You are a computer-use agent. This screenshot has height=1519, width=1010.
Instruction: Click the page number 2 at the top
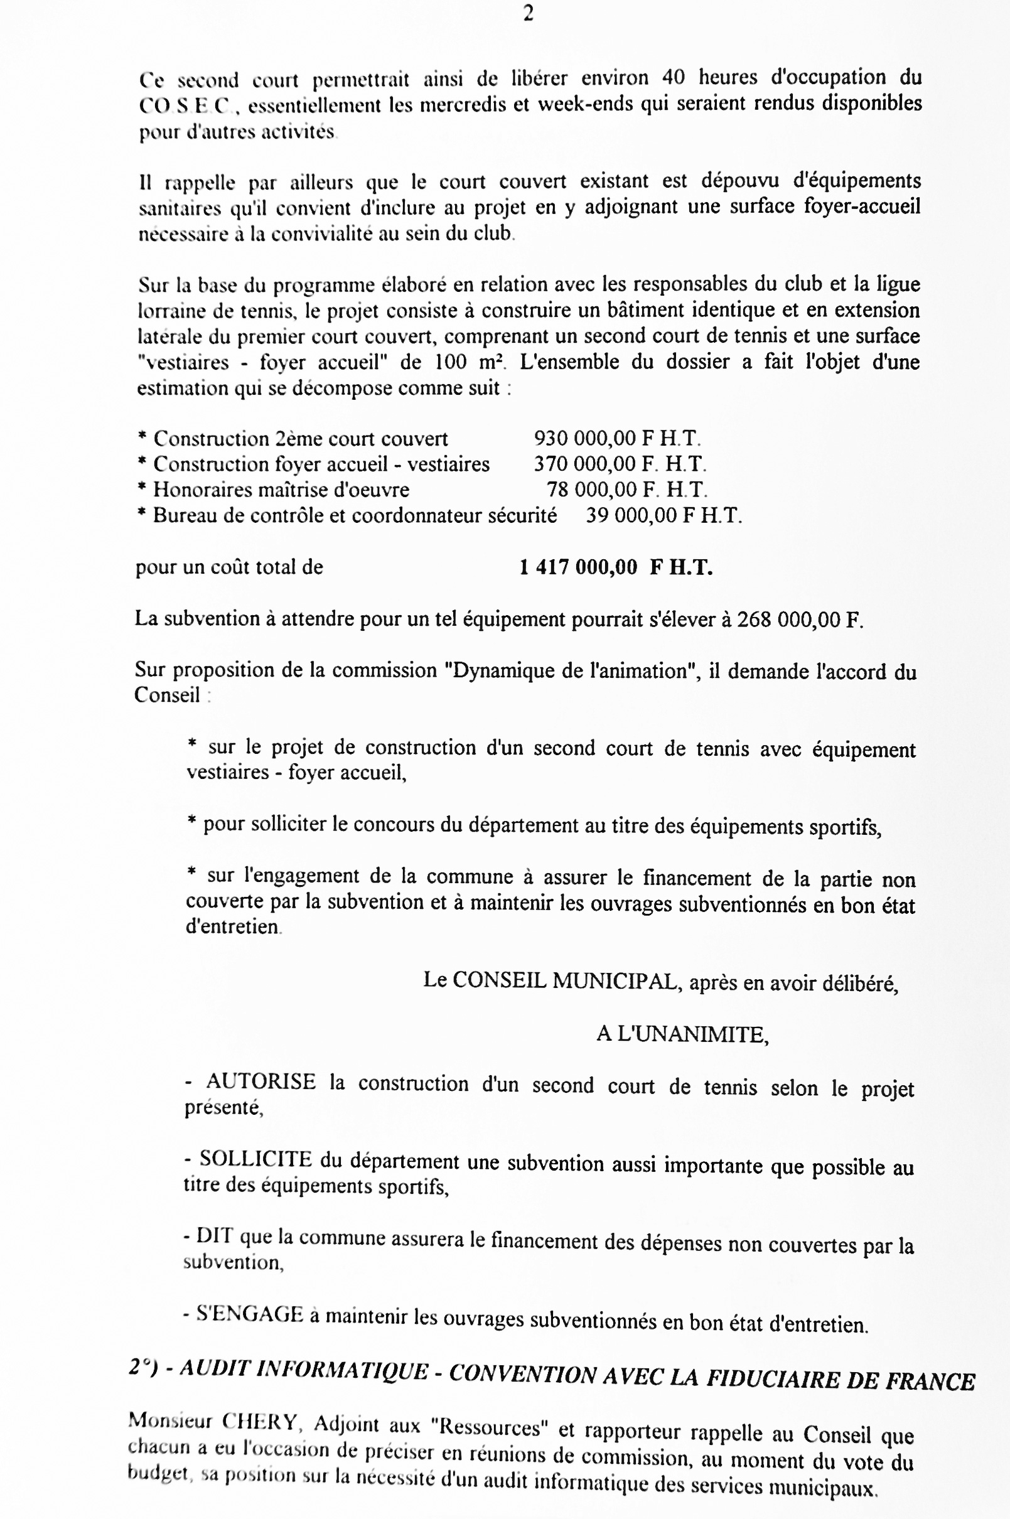(x=528, y=14)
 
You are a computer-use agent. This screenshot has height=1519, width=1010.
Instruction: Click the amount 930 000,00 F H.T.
(x=616, y=439)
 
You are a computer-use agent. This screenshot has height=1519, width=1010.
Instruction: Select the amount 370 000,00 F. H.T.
(x=619, y=464)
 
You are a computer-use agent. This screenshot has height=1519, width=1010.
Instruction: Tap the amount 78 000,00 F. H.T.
(x=626, y=490)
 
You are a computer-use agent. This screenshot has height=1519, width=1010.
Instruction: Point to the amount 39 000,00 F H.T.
(x=663, y=515)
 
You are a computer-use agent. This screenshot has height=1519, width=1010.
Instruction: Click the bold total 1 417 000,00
(x=578, y=567)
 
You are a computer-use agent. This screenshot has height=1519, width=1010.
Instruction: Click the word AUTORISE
(x=261, y=1081)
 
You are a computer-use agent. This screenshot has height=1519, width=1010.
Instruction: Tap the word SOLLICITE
(x=255, y=1159)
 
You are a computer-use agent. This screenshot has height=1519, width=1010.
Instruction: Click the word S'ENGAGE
(x=249, y=1314)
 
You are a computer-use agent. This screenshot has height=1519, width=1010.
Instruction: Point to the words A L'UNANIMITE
(x=682, y=1034)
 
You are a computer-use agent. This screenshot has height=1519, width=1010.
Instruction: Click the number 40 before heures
(x=673, y=77)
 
